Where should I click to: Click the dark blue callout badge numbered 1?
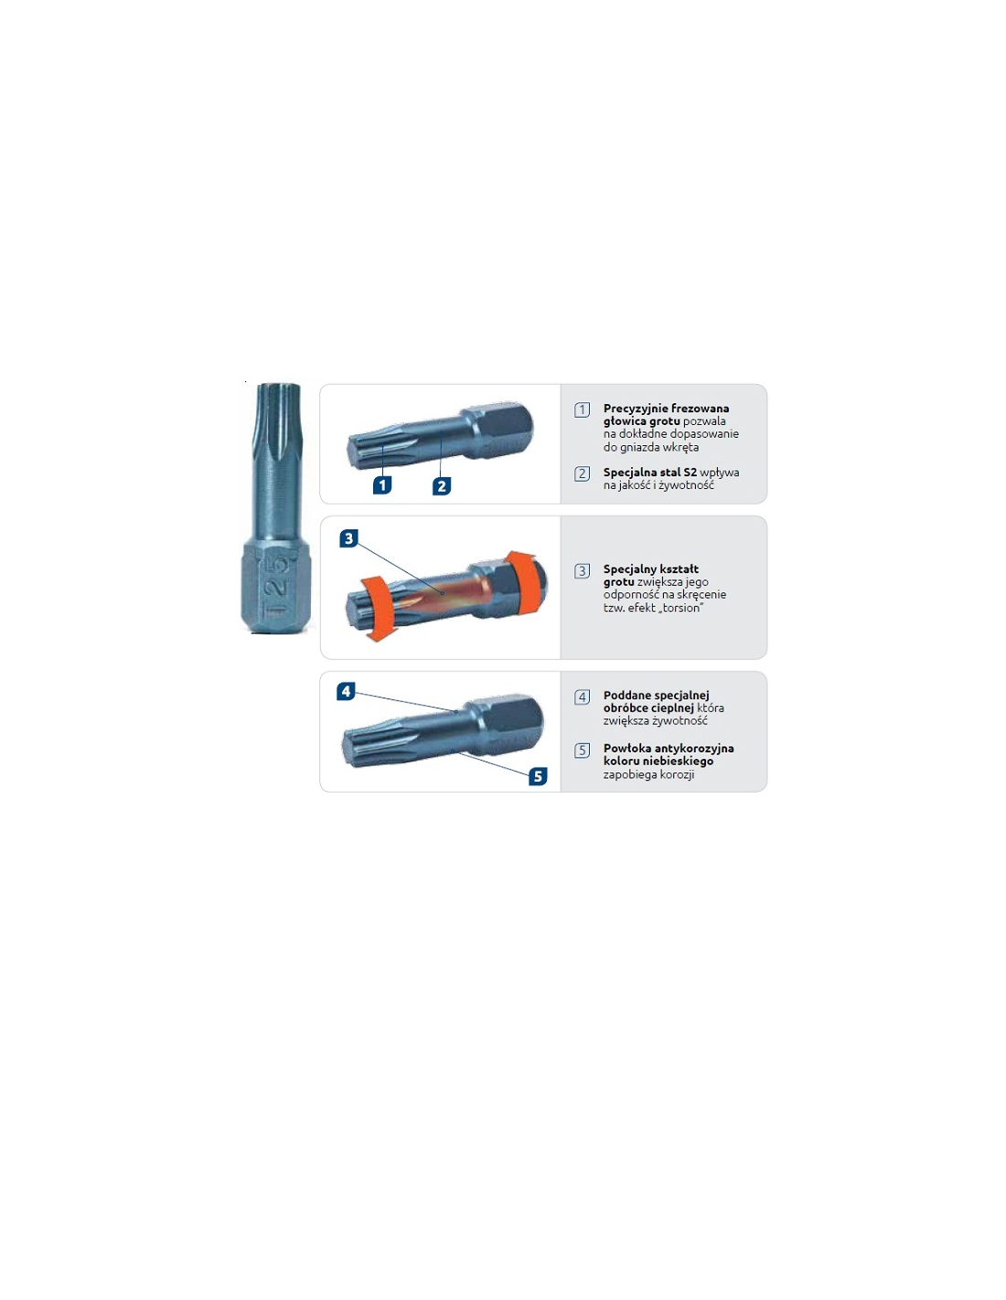(x=382, y=485)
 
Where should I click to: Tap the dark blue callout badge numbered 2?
(x=442, y=485)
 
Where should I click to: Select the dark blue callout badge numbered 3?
(x=348, y=538)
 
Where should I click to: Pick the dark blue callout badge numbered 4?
(x=346, y=691)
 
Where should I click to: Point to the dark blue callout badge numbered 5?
(x=538, y=776)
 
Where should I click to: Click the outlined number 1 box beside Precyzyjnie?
(x=582, y=410)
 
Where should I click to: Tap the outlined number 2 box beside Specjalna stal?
(x=582, y=474)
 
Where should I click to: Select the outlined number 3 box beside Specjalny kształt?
(x=582, y=570)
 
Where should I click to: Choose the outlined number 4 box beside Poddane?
(x=582, y=697)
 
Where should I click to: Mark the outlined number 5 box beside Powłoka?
(x=582, y=751)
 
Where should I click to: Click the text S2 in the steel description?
(x=690, y=472)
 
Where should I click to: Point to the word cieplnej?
(x=673, y=709)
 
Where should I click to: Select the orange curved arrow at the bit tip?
(x=375, y=609)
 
